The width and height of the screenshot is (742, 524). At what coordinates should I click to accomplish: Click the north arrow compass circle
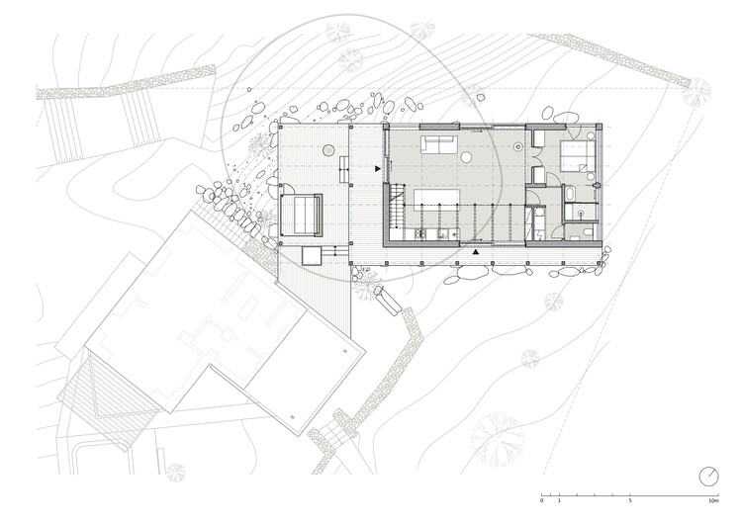[x=707, y=476]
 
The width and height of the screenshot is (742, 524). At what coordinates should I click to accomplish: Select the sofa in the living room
[x=438, y=144]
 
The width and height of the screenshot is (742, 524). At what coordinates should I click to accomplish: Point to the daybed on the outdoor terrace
[x=301, y=214]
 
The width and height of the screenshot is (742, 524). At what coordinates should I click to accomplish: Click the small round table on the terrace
[x=326, y=150]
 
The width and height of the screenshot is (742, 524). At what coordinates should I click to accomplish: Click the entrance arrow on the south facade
[x=476, y=253]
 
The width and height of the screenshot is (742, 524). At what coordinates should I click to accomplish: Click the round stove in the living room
[x=517, y=146]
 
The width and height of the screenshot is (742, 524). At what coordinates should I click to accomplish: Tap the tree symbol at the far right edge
[x=696, y=92]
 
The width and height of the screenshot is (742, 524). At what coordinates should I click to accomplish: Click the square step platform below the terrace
[x=314, y=256]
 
